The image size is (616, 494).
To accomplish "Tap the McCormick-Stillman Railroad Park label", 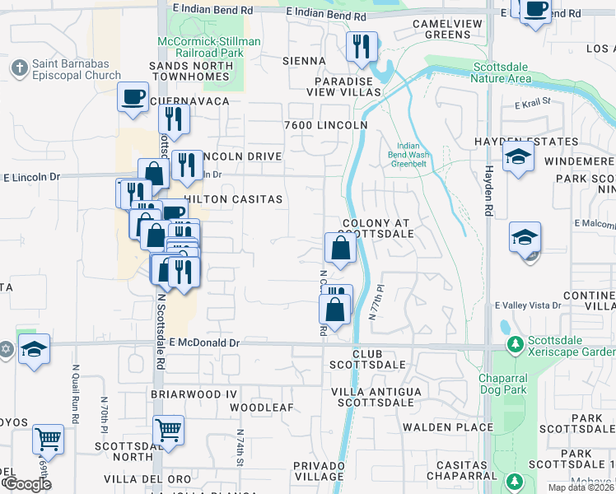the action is [x=209, y=47].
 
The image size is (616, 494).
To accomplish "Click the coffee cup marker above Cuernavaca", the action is [x=133, y=96].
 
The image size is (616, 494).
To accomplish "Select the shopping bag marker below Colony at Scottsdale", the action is [x=340, y=246].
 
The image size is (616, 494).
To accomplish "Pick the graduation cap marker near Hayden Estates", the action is [x=517, y=156].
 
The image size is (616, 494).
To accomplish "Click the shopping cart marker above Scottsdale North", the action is [x=169, y=429].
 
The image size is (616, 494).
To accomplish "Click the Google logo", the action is [x=26, y=484].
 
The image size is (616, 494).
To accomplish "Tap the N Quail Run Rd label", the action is [x=75, y=388].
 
